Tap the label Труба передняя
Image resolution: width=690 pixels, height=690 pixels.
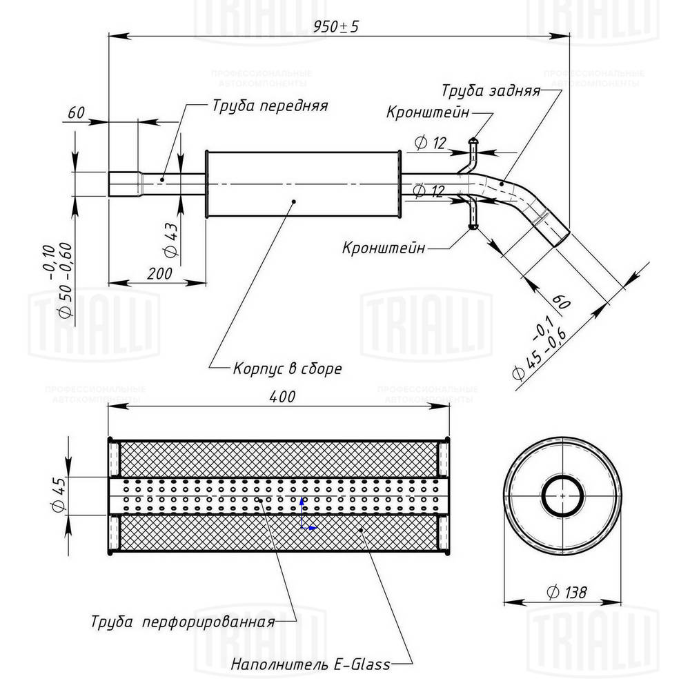click(269, 106)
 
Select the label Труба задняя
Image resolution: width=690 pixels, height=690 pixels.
click(491, 91)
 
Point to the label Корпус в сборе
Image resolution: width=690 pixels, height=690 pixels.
click(287, 368)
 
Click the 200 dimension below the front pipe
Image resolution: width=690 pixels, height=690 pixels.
click(159, 273)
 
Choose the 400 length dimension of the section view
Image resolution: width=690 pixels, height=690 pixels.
click(282, 397)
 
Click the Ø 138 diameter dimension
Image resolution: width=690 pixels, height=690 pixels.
click(565, 591)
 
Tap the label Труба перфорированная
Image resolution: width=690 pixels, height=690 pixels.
click(183, 621)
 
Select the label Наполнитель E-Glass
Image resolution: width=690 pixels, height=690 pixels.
click(310, 665)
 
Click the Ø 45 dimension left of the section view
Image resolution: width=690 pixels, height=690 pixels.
click(58, 495)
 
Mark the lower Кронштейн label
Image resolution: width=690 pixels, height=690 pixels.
click(384, 248)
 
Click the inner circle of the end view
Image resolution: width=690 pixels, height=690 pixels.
click(563, 495)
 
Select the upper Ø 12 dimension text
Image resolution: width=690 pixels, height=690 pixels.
click(431, 143)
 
